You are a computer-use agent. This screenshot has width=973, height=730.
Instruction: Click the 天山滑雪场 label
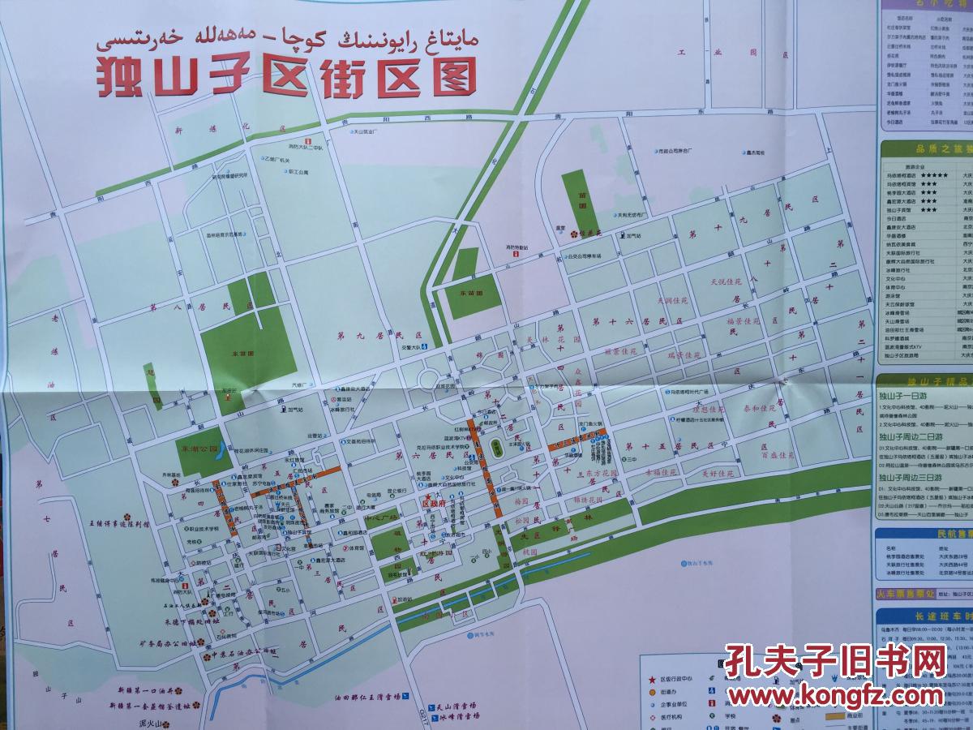(x=458, y=706)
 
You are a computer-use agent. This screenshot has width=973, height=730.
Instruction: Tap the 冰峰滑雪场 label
(x=458, y=716)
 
